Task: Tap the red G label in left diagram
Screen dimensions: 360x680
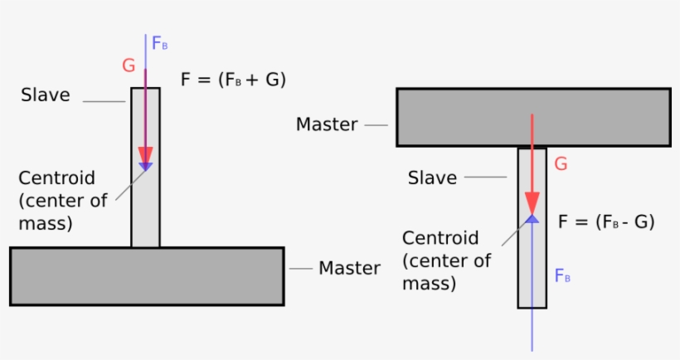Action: [129, 66]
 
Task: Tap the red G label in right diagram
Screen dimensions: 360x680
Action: [561, 164]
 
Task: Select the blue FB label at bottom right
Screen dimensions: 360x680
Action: [561, 276]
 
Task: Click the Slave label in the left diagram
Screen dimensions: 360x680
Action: [46, 95]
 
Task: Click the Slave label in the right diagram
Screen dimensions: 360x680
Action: [432, 178]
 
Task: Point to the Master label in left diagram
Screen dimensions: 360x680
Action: [349, 268]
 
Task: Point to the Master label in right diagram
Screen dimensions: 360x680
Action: [327, 125]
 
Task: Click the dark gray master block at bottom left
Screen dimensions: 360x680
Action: [147, 276]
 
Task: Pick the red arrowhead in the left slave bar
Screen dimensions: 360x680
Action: [146, 156]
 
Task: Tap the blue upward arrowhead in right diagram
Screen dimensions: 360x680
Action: [532, 218]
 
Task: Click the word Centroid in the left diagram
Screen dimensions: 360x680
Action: [56, 178]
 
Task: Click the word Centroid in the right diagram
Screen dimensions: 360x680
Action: [440, 238]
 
